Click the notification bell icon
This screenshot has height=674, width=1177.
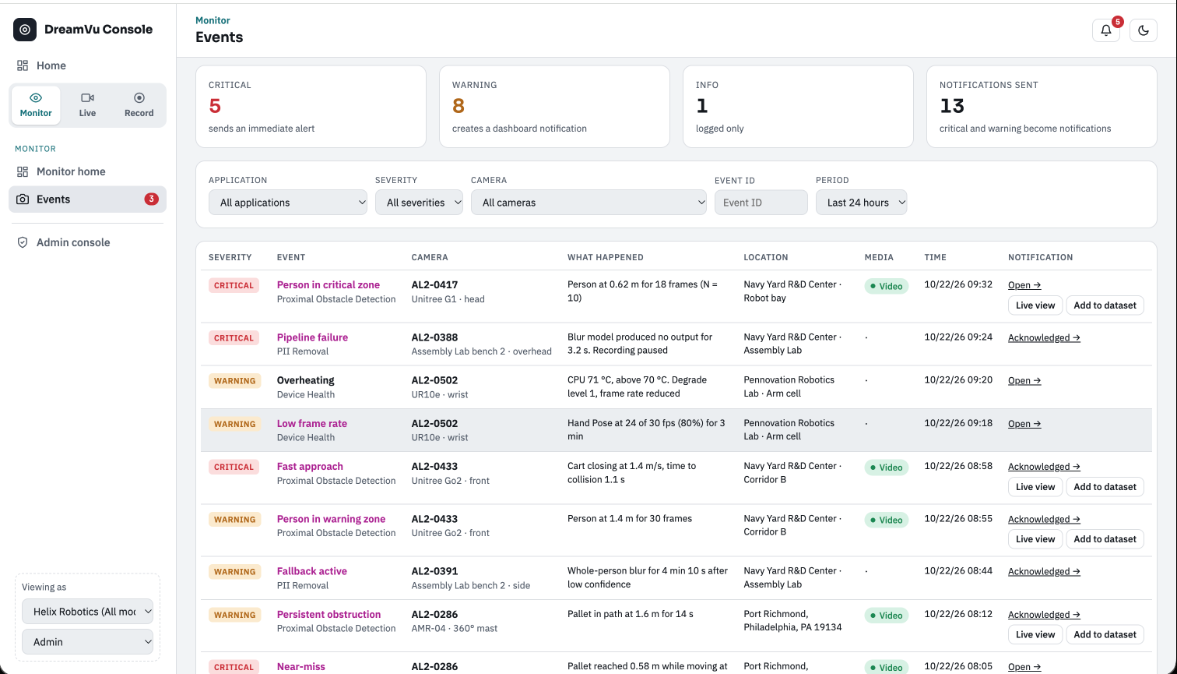pyautogui.click(x=1105, y=30)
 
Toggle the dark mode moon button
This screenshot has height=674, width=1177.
pyautogui.click(x=1144, y=30)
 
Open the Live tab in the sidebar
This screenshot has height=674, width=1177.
pyautogui.click(x=87, y=104)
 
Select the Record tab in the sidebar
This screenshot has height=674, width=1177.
pyautogui.click(x=139, y=104)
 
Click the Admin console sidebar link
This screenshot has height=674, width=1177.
pyautogui.click(x=73, y=242)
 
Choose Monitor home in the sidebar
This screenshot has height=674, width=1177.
pyautogui.click(x=71, y=171)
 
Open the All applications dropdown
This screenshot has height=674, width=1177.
pyautogui.click(x=287, y=203)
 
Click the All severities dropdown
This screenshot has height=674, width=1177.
pyautogui.click(x=419, y=203)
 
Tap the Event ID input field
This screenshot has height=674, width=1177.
pyautogui.click(x=761, y=203)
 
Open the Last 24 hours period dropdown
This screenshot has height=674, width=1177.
pyautogui.click(x=861, y=203)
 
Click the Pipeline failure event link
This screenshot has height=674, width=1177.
pyautogui.click(x=312, y=337)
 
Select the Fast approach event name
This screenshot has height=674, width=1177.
pyautogui.click(x=310, y=466)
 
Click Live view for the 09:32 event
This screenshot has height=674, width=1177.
pyautogui.click(x=1035, y=305)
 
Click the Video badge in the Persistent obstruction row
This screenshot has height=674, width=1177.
pyautogui.click(x=887, y=615)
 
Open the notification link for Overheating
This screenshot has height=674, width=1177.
pyautogui.click(x=1024, y=380)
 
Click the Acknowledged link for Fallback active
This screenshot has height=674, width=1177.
pyautogui.click(x=1044, y=571)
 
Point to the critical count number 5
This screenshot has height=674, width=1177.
pyautogui.click(x=215, y=106)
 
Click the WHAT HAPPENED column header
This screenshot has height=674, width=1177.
pyautogui.click(x=606, y=257)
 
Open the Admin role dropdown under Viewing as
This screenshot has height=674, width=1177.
pyautogui.click(x=87, y=642)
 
